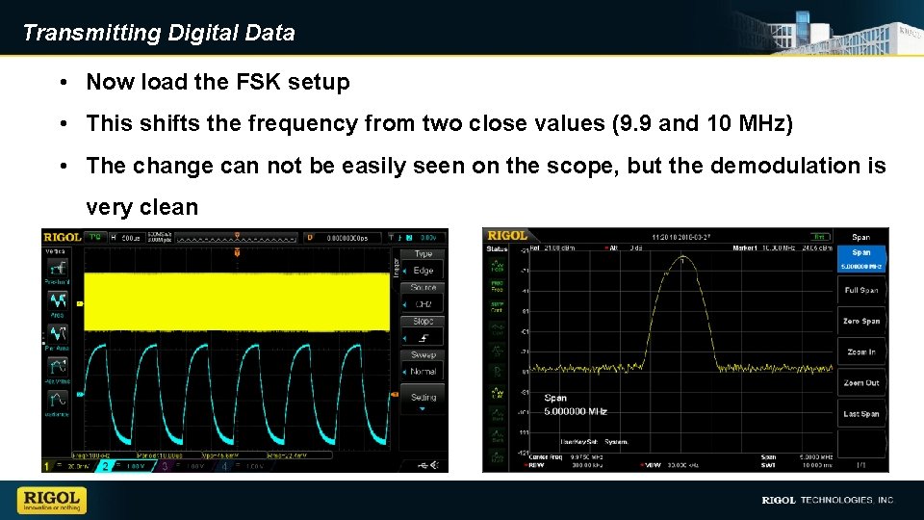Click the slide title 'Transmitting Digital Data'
(x=159, y=33)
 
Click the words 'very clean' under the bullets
(x=141, y=207)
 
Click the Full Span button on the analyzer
(x=860, y=290)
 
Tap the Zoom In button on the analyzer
(x=860, y=351)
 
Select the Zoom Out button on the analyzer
(x=860, y=382)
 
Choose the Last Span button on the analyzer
(x=860, y=413)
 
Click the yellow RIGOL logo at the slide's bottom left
(x=52, y=501)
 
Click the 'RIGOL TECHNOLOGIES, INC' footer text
(x=828, y=500)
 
